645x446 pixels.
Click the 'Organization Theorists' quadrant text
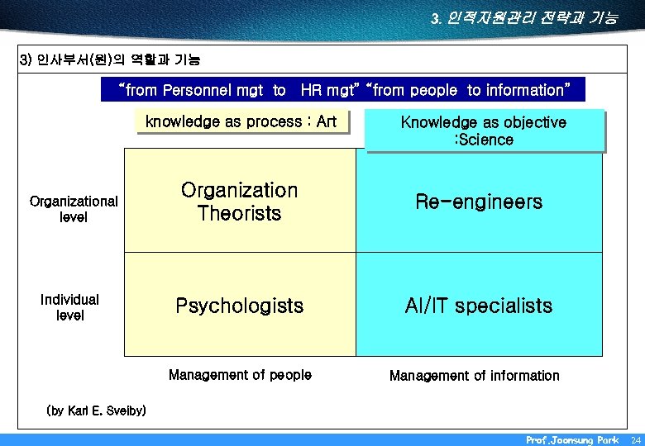(x=239, y=202)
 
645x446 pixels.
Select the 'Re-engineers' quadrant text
(x=479, y=202)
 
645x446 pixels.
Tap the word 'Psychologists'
(x=239, y=306)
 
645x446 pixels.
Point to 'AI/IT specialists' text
(x=478, y=306)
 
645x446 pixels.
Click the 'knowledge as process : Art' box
(x=241, y=122)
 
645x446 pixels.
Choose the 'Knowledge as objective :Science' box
(x=484, y=131)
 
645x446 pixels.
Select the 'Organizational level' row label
(x=74, y=210)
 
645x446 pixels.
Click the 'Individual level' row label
(x=69, y=307)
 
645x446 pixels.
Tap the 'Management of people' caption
(x=240, y=375)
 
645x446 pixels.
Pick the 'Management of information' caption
(x=474, y=376)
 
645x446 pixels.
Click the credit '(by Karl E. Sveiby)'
(x=97, y=410)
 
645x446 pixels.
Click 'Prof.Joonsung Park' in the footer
(x=571, y=440)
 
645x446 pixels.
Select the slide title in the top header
(x=523, y=17)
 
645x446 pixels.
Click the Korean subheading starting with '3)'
(x=109, y=60)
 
